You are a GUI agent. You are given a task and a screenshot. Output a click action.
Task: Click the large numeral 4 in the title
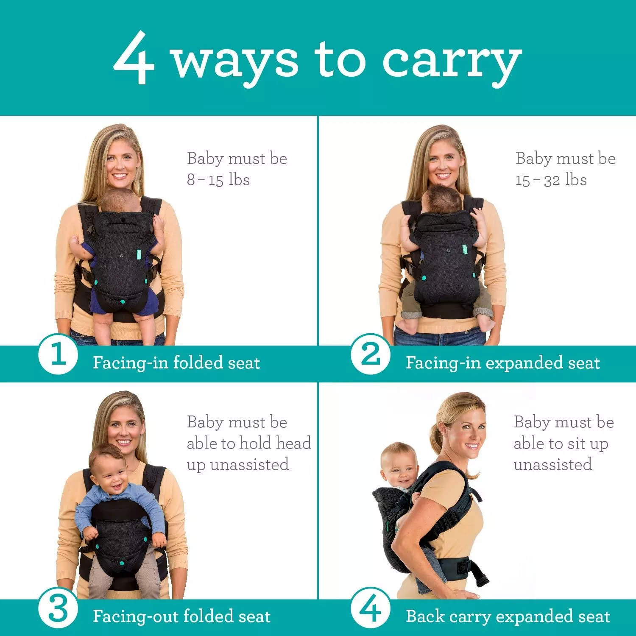(134, 59)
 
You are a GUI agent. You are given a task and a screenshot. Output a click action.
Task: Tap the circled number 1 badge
(58, 354)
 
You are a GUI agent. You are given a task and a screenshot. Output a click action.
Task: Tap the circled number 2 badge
(370, 354)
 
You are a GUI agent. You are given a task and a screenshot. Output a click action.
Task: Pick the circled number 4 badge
(370, 608)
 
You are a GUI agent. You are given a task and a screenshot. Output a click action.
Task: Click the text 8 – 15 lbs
(218, 180)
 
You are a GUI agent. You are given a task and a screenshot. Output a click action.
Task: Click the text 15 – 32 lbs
(551, 180)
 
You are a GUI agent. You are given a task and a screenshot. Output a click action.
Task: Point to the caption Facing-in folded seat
(176, 363)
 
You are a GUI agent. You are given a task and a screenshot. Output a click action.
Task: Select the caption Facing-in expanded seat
(502, 363)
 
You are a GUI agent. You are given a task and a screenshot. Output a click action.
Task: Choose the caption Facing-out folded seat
(181, 616)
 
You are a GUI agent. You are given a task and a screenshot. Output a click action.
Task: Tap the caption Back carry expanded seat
(508, 616)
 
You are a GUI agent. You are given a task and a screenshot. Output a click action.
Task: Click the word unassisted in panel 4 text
(552, 465)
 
